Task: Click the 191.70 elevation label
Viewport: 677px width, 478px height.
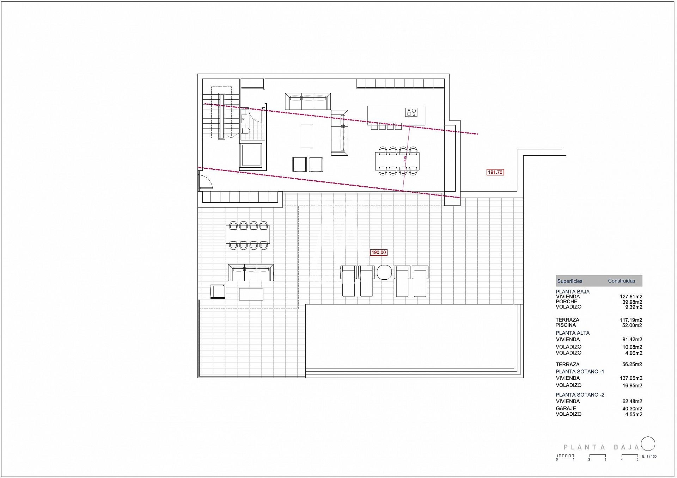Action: (495, 172)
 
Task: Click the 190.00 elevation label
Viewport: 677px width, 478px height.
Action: (379, 252)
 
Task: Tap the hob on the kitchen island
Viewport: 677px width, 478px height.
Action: (411, 112)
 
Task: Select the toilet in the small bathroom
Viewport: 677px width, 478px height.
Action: (246, 131)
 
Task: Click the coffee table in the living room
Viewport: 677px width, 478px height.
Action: (307, 136)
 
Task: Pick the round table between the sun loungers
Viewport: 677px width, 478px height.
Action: (384, 272)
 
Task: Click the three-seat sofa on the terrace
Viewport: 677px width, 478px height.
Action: (251, 273)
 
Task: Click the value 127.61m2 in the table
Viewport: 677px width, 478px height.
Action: (631, 297)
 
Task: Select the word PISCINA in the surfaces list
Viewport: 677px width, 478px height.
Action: (566, 325)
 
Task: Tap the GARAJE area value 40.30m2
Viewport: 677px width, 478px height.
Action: (632, 409)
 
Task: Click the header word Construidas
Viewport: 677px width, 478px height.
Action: (622, 281)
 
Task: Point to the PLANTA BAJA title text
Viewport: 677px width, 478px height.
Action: (602, 447)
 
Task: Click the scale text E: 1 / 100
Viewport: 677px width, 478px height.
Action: (649, 457)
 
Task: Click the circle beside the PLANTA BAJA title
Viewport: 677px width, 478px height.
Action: (648, 444)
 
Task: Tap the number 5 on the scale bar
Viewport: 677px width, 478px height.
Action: (638, 459)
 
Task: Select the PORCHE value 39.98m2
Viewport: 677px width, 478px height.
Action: (632, 302)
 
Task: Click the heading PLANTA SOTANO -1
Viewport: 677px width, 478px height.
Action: (580, 371)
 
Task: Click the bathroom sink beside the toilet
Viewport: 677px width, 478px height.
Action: (244, 118)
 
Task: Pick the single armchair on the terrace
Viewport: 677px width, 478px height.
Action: (218, 292)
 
